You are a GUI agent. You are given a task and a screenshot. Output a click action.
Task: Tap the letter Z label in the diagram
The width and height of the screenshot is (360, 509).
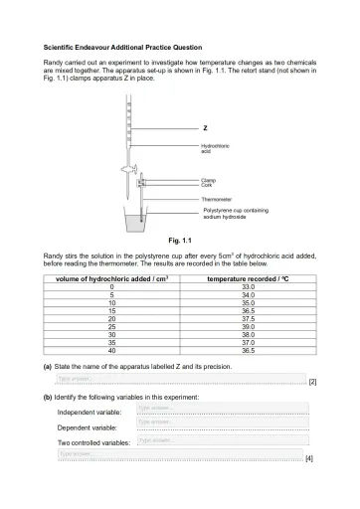(x=205, y=128)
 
